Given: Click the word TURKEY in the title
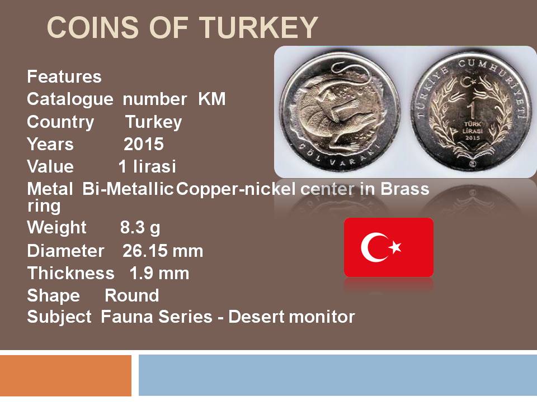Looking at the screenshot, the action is (259, 27).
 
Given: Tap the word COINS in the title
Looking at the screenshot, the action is (93, 27).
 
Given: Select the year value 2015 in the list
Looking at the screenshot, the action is (144, 144).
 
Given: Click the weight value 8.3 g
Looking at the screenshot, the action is (140, 228).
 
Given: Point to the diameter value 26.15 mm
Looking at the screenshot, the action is (163, 251).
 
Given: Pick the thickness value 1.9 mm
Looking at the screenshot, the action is (159, 274).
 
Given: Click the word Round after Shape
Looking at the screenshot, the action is (132, 296).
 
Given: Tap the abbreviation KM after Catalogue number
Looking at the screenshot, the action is (212, 99).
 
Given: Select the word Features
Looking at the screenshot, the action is (64, 76).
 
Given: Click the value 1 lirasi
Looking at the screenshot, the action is (147, 166).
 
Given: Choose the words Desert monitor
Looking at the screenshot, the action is (291, 317).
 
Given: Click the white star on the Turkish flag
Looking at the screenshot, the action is (395, 247).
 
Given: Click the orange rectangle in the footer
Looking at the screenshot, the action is (66, 375).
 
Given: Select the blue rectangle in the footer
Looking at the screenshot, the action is (338, 375).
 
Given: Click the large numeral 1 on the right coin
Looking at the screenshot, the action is (472, 110).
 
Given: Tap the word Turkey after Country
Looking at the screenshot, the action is (153, 122).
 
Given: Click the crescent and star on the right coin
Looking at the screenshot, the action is (469, 82).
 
